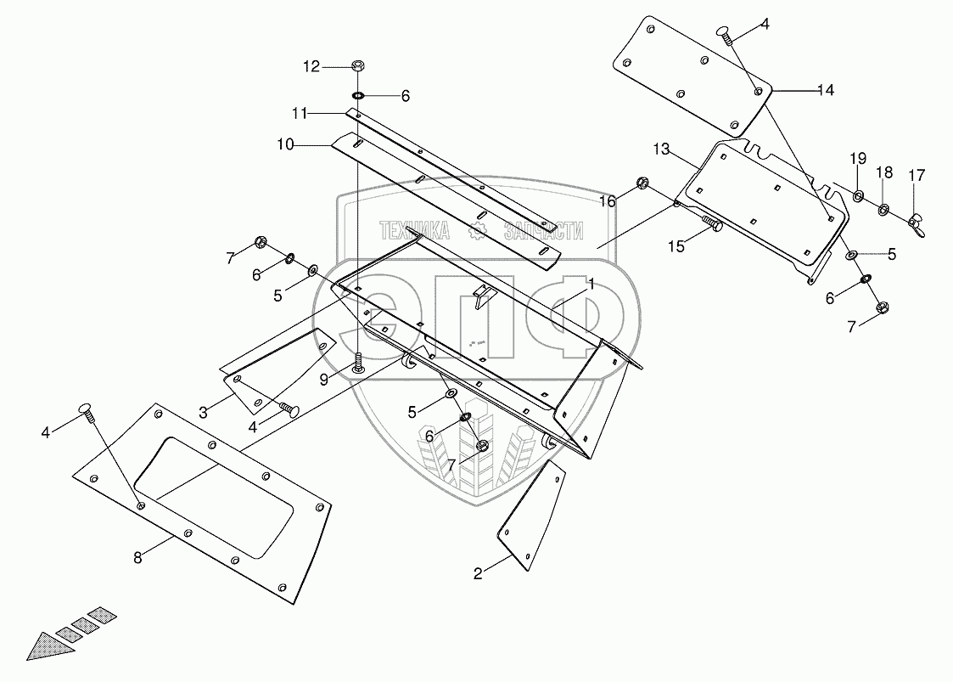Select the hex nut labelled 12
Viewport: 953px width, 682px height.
(358, 65)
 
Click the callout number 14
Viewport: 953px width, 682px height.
(826, 89)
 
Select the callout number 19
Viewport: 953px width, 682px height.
(858, 158)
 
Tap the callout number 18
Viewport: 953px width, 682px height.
(885, 172)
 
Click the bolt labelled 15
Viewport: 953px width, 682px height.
(713, 224)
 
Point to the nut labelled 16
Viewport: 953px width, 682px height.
(643, 183)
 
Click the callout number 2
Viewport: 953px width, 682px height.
(479, 573)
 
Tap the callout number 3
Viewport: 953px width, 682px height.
(204, 413)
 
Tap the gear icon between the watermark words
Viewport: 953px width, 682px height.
(479, 229)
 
